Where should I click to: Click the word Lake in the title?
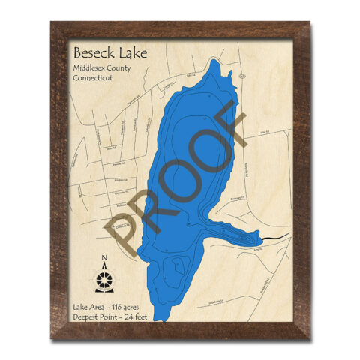click(131, 53)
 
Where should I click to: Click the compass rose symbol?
click(105, 280)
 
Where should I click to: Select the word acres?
click(139, 307)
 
